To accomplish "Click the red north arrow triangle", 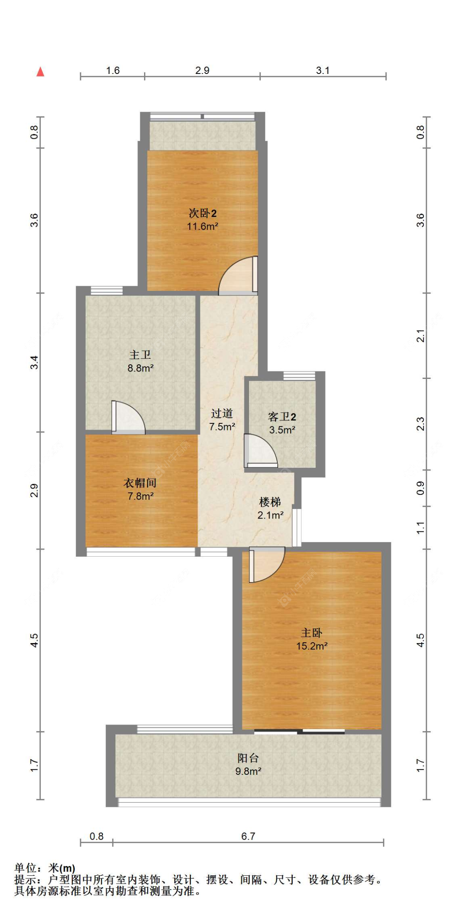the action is [40, 72].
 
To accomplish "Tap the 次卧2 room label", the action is [203, 214].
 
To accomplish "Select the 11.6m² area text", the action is [203, 226].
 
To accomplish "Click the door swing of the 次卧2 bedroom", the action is [238, 276].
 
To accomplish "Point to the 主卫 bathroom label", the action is [140, 355].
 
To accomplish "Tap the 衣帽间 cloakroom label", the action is [140, 483].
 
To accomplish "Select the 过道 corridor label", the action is [222, 413].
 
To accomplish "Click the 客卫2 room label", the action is [282, 417].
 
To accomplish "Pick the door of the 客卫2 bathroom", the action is [260, 451].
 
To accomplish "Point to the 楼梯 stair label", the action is [270, 502].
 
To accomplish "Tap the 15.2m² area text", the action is [312, 646].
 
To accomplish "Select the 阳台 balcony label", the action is [248, 758].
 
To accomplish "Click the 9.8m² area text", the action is [248, 771].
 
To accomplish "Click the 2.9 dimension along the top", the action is [202, 70].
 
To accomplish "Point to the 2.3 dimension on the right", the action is [421, 424].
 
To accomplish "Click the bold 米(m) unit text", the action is [62, 868].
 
